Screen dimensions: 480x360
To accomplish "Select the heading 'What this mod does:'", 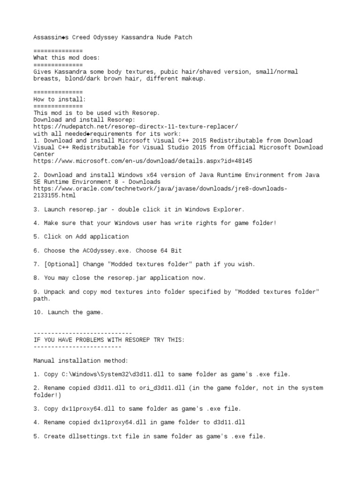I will tap(67, 58).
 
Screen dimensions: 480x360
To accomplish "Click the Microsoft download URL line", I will tap(142, 161).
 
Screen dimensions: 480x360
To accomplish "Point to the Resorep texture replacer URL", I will tap(135, 127).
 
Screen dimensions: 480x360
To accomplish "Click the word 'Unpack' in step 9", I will tap(54, 292).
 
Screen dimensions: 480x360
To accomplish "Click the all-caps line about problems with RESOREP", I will tap(109, 340).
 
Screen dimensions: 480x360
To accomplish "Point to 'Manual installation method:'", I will tap(80, 361).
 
